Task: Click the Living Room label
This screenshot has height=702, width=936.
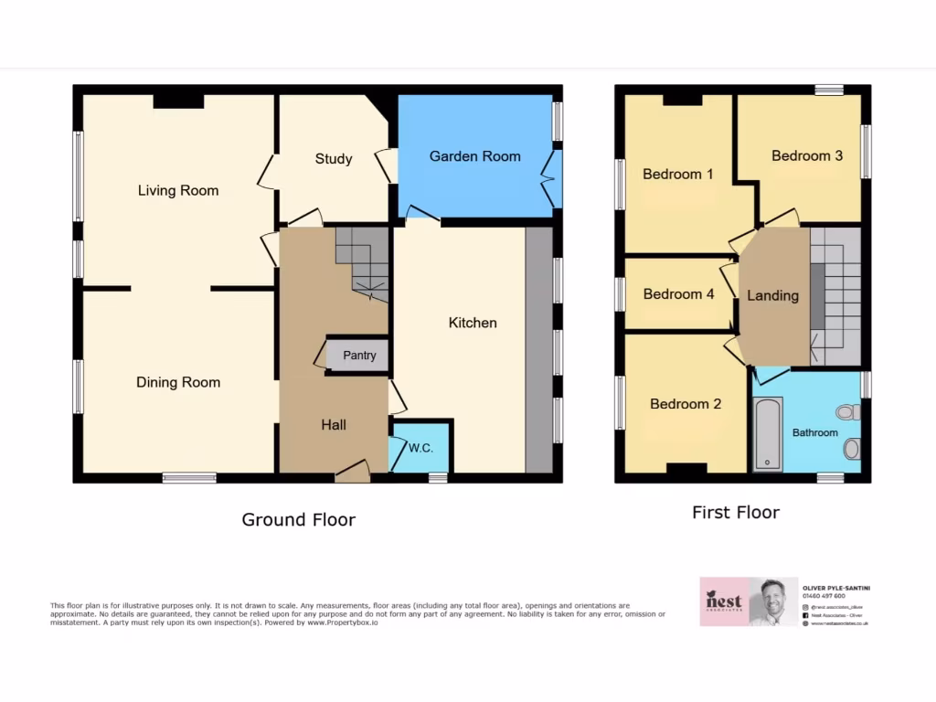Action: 178,191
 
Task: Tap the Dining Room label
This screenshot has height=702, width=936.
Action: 178,382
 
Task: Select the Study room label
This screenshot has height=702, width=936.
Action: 334,159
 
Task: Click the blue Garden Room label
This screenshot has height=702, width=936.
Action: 474,156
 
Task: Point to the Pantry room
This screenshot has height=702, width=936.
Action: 359,356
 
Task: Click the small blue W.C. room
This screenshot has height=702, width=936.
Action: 420,448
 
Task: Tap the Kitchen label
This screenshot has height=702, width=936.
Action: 473,323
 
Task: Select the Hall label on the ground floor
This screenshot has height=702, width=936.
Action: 334,424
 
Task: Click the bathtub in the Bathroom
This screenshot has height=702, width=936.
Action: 768,434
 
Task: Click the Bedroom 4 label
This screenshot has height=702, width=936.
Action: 678,294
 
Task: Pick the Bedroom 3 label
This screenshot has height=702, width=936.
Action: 807,156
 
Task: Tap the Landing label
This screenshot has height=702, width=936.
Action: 772,295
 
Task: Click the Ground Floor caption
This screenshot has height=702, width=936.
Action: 298,520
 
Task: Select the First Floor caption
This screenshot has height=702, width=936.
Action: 736,513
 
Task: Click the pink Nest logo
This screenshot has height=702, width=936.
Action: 724,601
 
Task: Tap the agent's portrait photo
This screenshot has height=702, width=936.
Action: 773,601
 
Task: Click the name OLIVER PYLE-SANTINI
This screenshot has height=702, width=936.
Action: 835,587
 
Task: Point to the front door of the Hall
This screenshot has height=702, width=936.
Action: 352,472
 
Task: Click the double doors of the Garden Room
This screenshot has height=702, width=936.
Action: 552,178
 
